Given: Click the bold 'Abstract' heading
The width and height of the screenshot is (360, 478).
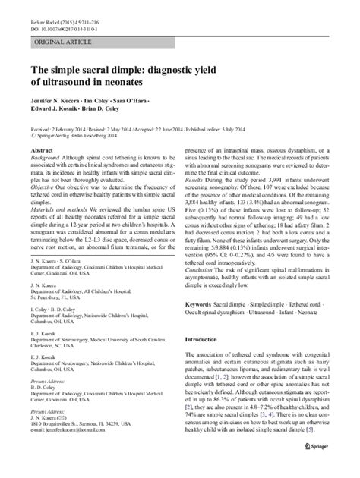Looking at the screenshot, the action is click(x=40, y=151).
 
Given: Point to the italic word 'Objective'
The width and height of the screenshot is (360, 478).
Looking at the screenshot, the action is click(x=41, y=184).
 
